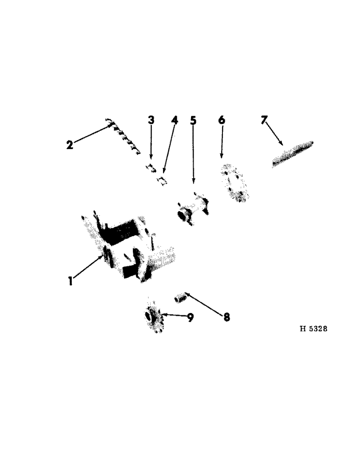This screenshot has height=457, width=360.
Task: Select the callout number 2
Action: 69,145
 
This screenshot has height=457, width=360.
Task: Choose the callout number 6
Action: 222,120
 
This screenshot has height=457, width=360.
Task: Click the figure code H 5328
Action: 313,329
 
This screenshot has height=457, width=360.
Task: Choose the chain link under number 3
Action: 150,168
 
